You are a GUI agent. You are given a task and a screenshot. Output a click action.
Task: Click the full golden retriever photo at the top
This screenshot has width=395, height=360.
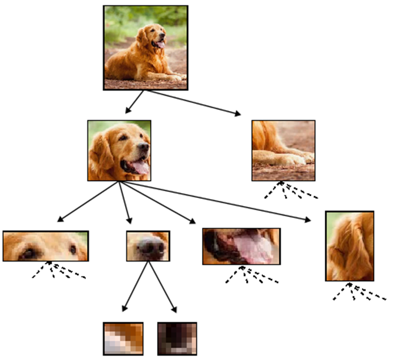click(145, 48)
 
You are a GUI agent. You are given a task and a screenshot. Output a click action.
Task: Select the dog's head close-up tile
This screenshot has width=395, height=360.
click(119, 150)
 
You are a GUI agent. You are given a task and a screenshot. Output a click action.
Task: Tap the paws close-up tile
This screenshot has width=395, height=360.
click(283, 150)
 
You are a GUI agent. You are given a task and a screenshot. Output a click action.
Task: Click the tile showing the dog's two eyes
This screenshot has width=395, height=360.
click(45, 246)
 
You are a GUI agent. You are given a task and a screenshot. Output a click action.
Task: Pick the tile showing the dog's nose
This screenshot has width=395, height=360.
click(148, 246)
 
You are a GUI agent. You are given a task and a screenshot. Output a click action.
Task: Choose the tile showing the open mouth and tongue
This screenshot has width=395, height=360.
click(241, 246)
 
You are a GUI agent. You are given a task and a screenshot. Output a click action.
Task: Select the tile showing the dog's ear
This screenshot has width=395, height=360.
click(350, 246)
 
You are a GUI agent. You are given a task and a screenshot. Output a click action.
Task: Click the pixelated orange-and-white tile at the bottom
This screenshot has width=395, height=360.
click(123, 338)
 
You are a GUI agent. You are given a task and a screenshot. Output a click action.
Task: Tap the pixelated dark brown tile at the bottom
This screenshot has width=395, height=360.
click(177, 338)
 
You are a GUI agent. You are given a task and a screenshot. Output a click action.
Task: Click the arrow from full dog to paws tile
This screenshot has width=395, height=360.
click(194, 102)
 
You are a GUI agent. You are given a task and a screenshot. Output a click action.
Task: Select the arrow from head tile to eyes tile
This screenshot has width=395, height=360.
click(89, 201)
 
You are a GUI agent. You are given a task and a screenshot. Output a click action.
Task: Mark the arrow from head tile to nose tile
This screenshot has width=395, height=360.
click(125, 202)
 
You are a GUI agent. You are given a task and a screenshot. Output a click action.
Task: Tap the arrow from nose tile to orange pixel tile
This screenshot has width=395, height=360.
click(136, 286)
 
